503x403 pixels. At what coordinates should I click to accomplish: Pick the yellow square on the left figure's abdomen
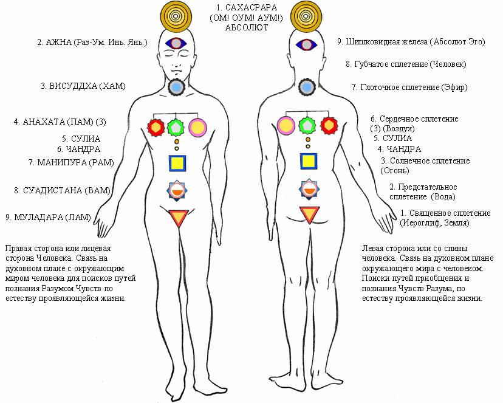coord(177,162)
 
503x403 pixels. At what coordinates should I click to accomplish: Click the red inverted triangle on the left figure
coord(178,217)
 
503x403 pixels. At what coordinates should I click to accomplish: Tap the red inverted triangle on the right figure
coord(308,216)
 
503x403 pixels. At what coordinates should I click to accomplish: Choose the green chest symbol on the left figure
coord(176,127)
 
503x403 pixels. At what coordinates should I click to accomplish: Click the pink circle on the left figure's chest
coord(197,127)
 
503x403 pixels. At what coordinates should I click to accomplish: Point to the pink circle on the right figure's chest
coord(286,126)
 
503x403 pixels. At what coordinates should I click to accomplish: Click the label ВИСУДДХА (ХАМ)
coord(83,86)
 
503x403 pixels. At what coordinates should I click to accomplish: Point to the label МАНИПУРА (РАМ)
coord(67,162)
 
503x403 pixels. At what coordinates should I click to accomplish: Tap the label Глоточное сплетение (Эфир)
coord(409,88)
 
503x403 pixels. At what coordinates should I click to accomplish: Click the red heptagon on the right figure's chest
coord(329,126)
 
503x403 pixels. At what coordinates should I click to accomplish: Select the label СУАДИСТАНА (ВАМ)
coord(63,190)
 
